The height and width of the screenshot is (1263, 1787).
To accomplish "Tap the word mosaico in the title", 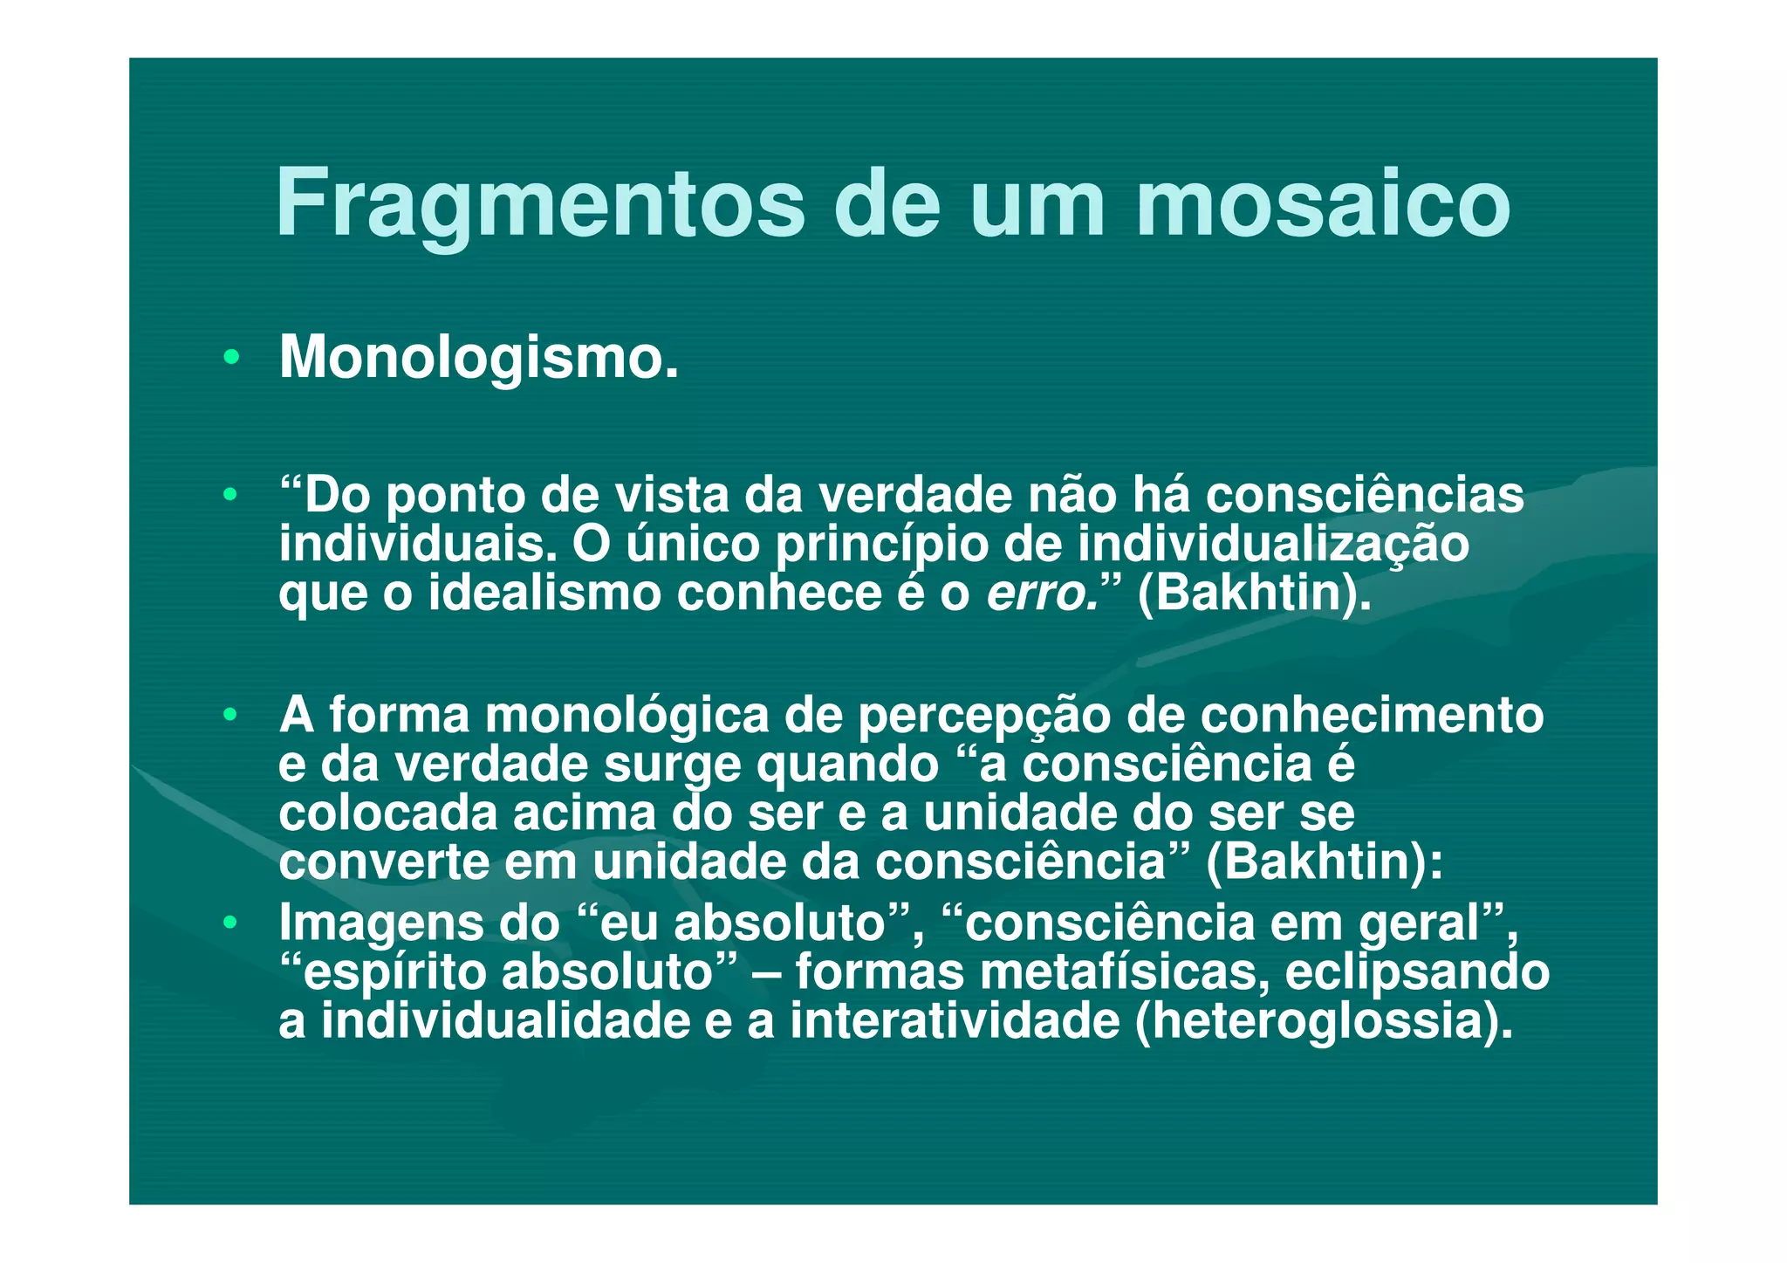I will click(1323, 204).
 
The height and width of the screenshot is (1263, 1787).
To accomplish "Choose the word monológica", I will click(627, 716).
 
